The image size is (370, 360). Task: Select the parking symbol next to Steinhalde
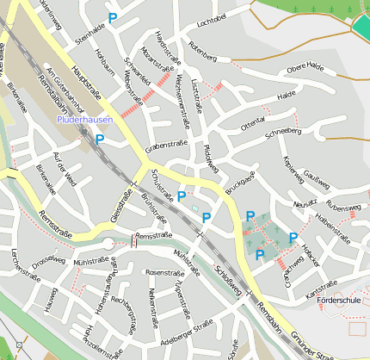[x=112, y=17]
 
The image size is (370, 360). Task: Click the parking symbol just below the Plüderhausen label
[x=100, y=138]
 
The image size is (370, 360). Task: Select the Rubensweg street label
[x=342, y=208]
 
